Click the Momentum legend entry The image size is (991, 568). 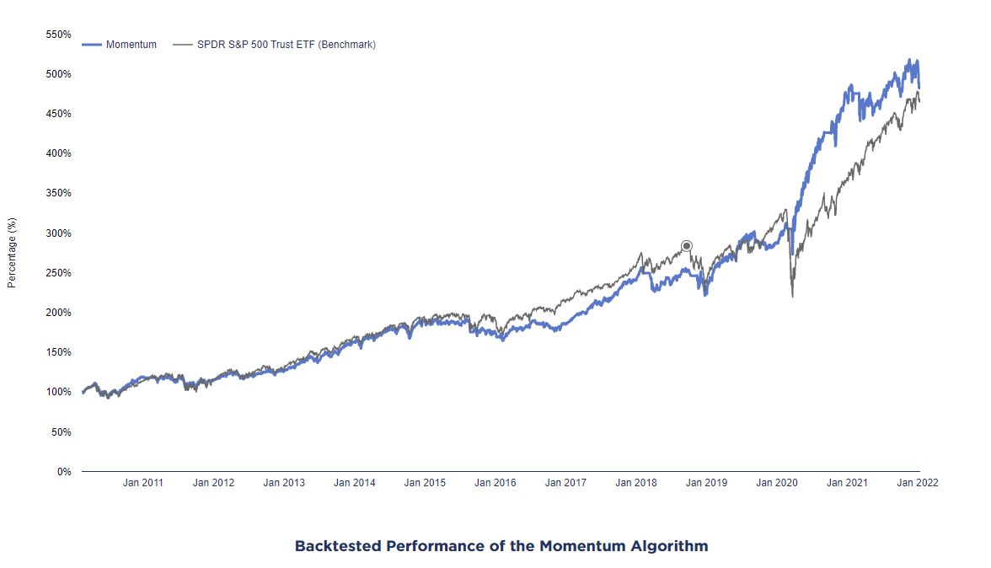[131, 45]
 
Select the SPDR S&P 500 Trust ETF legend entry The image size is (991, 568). [286, 45]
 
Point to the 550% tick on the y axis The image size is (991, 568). [58, 35]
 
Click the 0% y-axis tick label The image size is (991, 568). [64, 471]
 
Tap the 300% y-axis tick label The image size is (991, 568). [58, 233]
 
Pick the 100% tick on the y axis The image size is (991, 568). [58, 392]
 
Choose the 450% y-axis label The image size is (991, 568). [58, 114]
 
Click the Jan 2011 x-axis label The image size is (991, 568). [143, 483]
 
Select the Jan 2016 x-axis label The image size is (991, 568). [495, 483]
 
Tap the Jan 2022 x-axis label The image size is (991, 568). [917, 483]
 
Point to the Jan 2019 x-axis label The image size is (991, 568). [706, 483]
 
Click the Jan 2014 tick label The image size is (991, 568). [354, 483]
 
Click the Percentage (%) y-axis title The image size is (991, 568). [12, 253]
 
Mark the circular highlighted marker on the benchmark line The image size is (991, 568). [687, 246]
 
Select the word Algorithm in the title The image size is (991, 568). [669, 546]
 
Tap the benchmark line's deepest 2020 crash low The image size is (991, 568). [792, 295]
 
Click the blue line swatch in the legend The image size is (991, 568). [92, 45]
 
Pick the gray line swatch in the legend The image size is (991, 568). [182, 45]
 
